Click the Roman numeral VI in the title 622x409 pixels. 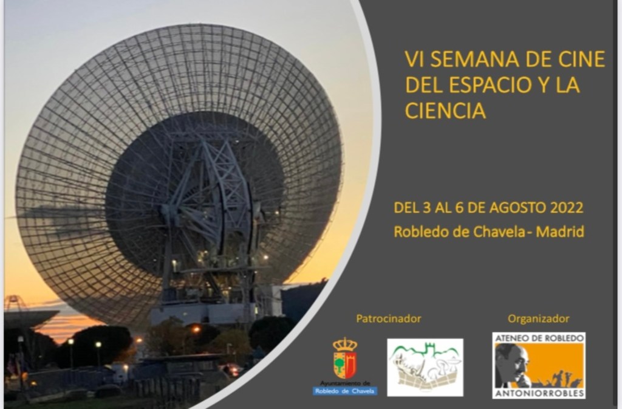pos(414,60)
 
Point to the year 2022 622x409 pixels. pos(566,208)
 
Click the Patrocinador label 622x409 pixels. pos(389,318)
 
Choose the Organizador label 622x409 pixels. pos(538,318)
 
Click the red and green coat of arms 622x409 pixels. pos(345,365)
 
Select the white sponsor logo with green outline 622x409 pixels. pos(425,367)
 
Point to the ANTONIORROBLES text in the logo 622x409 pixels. pos(539,393)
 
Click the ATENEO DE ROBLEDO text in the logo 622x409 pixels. pos(539,337)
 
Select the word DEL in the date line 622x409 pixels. pos(405,208)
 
